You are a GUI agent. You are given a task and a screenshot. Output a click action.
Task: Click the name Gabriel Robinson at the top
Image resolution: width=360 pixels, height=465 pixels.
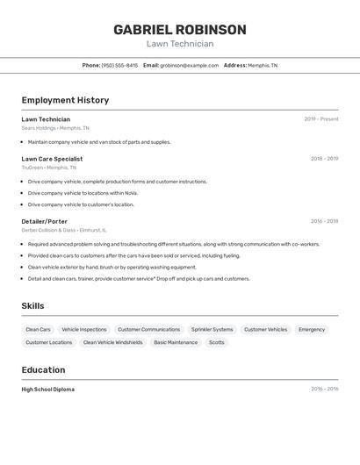[x=180, y=30]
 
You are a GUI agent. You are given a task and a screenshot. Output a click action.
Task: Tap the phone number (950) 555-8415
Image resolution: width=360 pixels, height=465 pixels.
[x=119, y=66]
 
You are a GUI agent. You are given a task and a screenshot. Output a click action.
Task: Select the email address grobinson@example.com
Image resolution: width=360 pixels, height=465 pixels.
[x=189, y=66]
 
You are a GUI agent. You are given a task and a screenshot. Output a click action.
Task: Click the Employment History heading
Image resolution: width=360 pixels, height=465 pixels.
[x=65, y=100]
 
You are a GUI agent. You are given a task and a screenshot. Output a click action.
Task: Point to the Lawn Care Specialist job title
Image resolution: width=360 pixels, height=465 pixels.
[x=52, y=159]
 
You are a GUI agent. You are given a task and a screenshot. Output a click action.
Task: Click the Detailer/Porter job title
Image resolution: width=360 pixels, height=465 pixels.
[x=44, y=221]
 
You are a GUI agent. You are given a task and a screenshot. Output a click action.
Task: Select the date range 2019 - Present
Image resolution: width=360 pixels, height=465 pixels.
[x=320, y=119]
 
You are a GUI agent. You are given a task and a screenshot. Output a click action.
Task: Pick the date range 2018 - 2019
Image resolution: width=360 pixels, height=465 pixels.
[x=324, y=159]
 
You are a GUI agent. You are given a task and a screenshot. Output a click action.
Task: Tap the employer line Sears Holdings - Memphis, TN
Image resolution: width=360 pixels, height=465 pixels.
[x=55, y=128]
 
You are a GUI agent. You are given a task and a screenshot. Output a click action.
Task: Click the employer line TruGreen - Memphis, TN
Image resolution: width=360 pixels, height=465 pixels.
[x=48, y=168]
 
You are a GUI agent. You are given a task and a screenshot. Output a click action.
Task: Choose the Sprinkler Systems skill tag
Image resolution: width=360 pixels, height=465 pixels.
[x=212, y=330]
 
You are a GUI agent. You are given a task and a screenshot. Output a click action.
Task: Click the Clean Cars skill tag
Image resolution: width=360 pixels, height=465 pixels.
[x=39, y=330]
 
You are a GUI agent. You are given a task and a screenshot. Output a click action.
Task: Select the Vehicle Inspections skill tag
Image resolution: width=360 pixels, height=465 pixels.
[x=84, y=330]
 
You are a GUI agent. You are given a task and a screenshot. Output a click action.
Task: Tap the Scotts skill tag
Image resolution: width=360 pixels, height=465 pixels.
[x=216, y=343]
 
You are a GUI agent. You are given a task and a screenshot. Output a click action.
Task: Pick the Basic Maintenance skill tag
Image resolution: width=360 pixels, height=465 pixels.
[x=176, y=343]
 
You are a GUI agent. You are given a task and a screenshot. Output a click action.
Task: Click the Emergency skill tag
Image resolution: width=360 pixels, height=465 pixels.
[x=312, y=330]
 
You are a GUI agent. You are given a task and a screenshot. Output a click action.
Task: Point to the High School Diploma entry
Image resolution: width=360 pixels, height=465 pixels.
[x=47, y=389]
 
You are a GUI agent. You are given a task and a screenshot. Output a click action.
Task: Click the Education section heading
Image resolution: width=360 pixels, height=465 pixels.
[x=43, y=369]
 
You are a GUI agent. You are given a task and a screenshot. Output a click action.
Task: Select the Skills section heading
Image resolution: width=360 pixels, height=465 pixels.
[x=32, y=306]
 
